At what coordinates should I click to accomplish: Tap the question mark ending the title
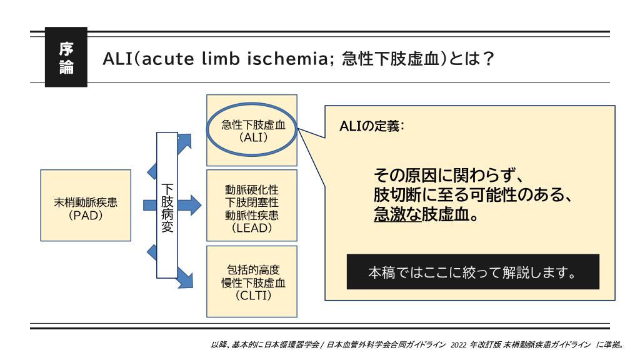tap(489, 59)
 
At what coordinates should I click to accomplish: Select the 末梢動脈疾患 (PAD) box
tap(86, 205)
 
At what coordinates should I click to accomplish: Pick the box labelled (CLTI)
tap(252, 281)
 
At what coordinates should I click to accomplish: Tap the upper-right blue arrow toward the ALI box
tap(184, 144)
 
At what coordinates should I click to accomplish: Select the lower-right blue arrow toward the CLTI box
tap(184, 275)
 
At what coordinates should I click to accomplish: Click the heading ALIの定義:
tap(372, 126)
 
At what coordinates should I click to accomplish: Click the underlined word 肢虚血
tap(447, 214)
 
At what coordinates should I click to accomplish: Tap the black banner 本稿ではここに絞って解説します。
tap(472, 272)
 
